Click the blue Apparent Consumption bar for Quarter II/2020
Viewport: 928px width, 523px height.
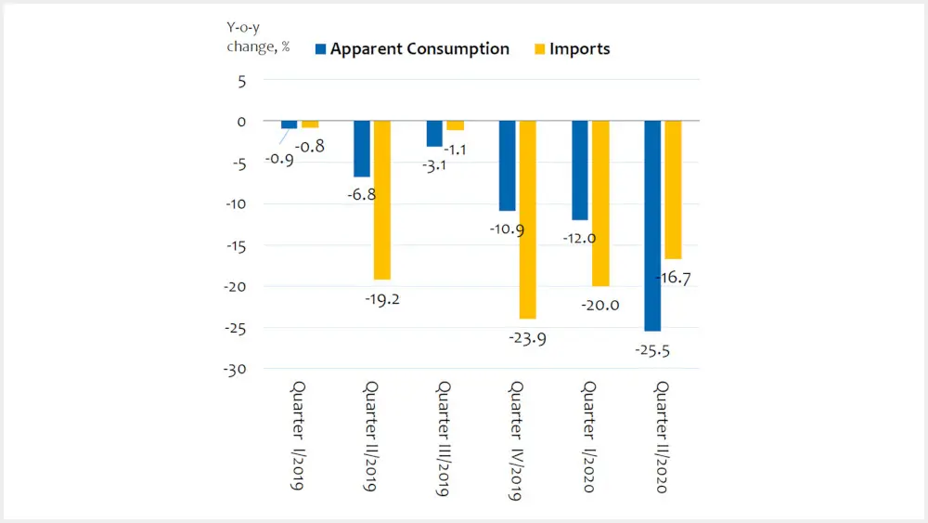click(x=652, y=226)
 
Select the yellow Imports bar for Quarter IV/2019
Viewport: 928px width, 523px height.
click(x=527, y=220)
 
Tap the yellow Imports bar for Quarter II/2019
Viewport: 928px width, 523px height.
click(x=382, y=201)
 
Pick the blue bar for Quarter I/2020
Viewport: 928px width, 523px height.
click(x=580, y=171)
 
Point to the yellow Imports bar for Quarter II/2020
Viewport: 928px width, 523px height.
click(x=673, y=190)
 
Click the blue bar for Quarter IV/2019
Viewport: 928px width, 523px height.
click(x=507, y=166)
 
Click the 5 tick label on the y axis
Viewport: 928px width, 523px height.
click(x=241, y=81)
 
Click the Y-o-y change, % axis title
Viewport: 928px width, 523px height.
click(x=258, y=40)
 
